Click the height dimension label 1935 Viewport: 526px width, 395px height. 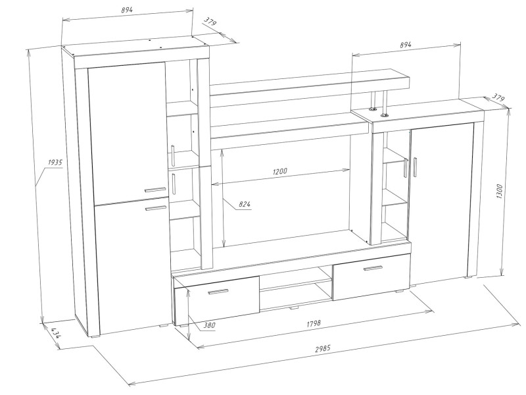click(55, 163)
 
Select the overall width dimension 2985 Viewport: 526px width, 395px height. click(323, 348)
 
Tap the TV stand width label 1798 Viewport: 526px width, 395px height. click(314, 324)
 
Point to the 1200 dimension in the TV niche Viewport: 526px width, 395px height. click(280, 171)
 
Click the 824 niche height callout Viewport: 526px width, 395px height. click(245, 204)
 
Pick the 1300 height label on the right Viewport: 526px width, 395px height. click(500, 191)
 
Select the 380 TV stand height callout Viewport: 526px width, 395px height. click(209, 325)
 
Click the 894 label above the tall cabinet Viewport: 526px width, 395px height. click(127, 10)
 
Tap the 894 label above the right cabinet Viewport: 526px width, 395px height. click(405, 44)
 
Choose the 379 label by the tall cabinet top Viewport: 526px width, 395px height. click(210, 22)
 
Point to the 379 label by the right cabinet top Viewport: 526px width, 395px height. click(498, 97)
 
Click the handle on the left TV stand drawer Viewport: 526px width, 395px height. click(218, 292)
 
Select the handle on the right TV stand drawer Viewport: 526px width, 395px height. click(373, 268)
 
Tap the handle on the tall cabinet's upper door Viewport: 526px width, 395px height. click(155, 190)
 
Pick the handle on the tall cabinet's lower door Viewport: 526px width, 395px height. click(156, 208)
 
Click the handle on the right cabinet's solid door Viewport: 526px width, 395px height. click(415, 167)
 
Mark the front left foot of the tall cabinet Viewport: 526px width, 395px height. click(95, 335)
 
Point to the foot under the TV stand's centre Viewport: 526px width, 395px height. click(293, 307)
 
